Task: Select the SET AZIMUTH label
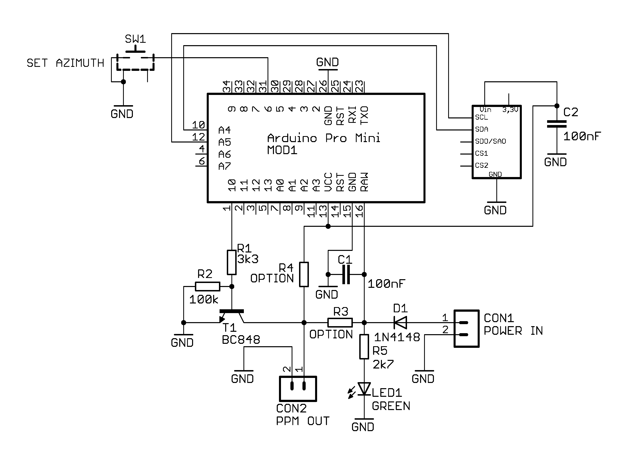point(65,63)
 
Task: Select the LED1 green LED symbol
point(364,389)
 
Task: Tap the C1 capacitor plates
point(346,275)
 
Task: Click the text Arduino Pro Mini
point(324,138)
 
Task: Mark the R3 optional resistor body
point(340,323)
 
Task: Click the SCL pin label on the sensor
point(482,117)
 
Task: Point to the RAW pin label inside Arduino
point(364,182)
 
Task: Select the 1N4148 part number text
point(397,337)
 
